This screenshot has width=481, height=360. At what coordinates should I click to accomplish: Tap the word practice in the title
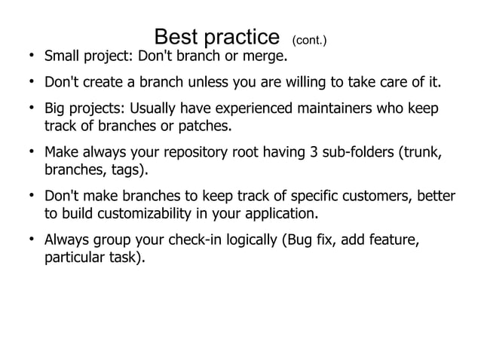coord(241,37)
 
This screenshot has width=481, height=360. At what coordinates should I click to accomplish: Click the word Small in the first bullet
coord(63,56)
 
